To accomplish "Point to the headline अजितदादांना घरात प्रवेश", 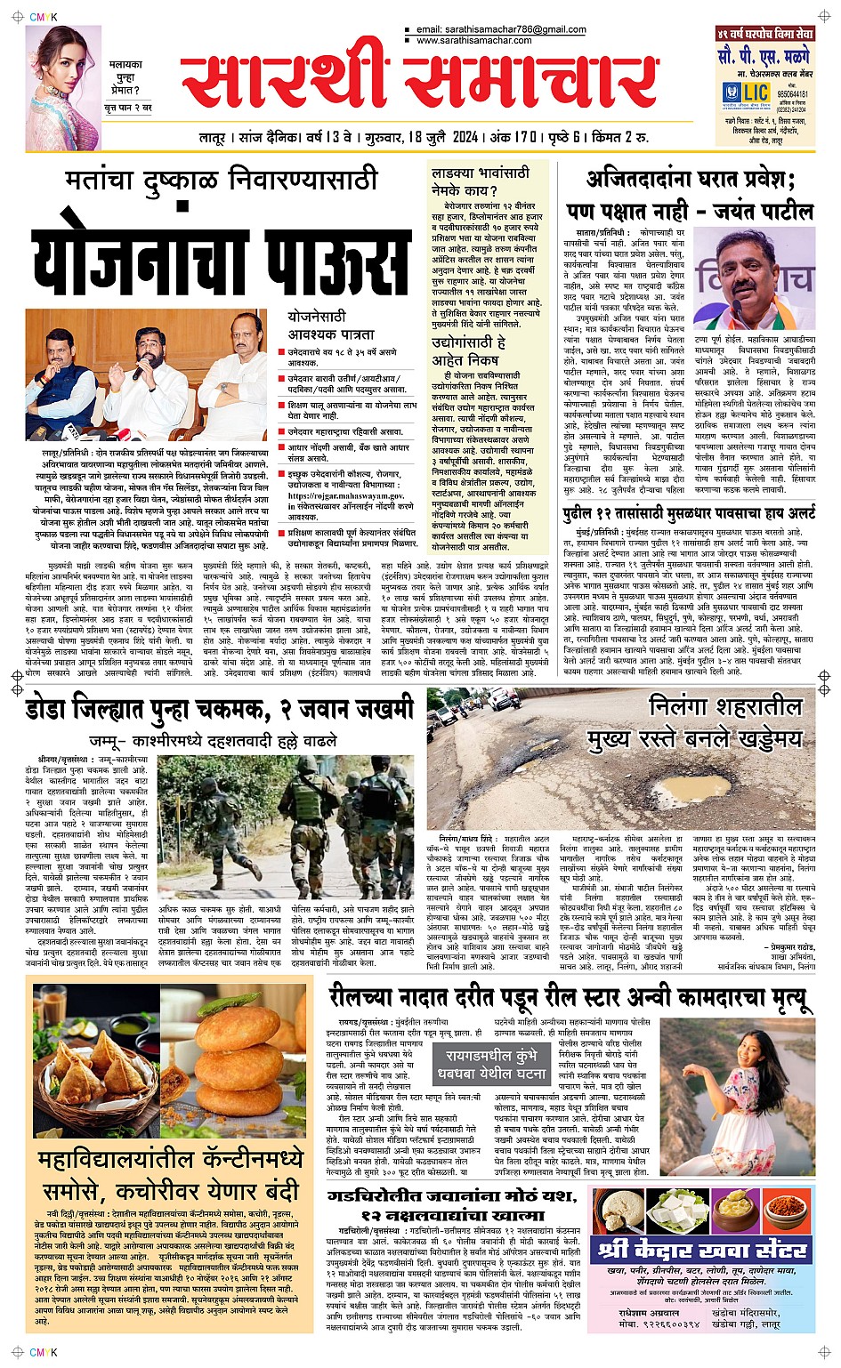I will [690, 180].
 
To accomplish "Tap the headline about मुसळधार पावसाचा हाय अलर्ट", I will [689, 514].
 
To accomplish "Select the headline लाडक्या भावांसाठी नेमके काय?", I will [480, 181].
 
